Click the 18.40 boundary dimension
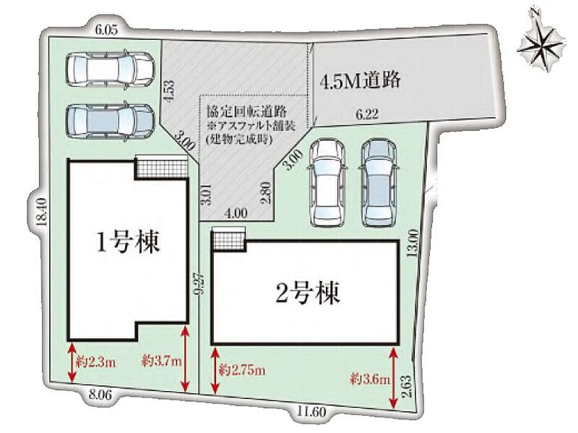click(41, 213)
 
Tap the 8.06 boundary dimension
click(99, 395)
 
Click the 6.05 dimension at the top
click(105, 30)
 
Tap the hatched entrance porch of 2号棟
click(229, 236)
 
